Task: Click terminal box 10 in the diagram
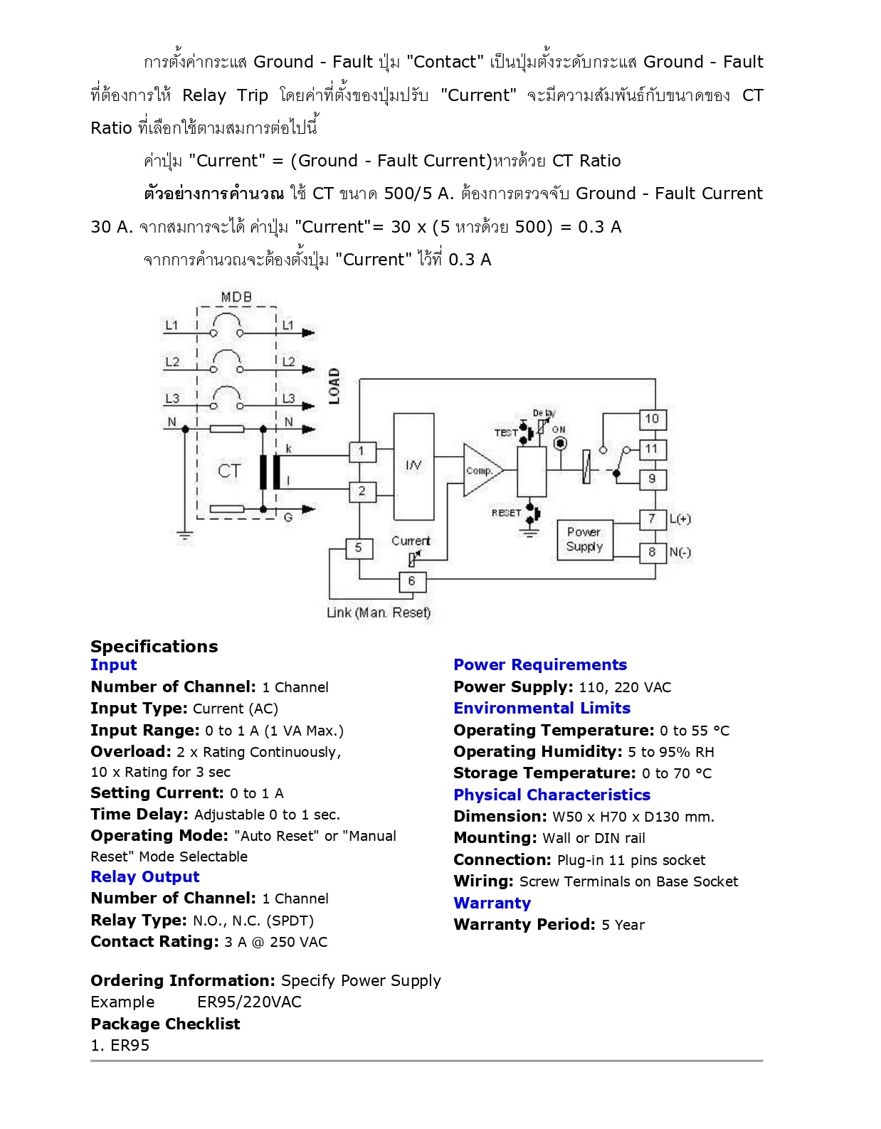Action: coord(652,419)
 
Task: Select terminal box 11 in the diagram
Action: coord(652,449)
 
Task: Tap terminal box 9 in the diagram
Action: coord(652,479)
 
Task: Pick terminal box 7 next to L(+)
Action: coord(652,519)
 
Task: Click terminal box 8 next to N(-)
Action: coord(652,552)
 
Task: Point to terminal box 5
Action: coord(359,548)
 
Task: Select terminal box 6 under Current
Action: coord(411,581)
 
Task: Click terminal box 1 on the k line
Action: coord(362,451)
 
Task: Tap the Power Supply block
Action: coord(584,540)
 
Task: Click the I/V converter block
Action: coord(413,466)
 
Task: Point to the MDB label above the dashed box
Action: coord(236,297)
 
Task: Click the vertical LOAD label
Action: coord(334,386)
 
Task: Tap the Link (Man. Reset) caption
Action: coord(379,613)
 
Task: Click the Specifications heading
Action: coord(154,646)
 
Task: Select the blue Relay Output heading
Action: coord(145,876)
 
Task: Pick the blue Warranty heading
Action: coord(492,903)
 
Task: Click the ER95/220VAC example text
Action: coord(249,1002)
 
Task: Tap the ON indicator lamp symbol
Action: coord(560,443)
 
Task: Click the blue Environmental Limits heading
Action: coord(542,708)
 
